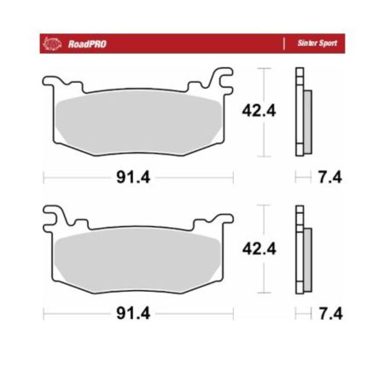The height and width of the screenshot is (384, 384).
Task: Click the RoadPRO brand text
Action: [87, 44]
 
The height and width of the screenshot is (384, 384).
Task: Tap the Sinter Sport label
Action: [317, 43]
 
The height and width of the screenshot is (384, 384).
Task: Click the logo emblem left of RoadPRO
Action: [52, 44]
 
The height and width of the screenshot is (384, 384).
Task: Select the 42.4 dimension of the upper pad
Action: [259, 111]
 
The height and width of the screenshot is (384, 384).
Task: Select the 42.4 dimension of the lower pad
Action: [259, 248]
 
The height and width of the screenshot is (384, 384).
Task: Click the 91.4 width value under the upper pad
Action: [133, 177]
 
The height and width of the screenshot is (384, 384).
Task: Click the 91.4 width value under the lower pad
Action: [133, 313]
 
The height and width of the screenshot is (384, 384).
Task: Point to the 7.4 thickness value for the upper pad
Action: [330, 177]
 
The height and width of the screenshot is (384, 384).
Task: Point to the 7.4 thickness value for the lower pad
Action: [330, 313]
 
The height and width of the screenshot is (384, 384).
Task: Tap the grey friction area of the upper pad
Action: [138, 123]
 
